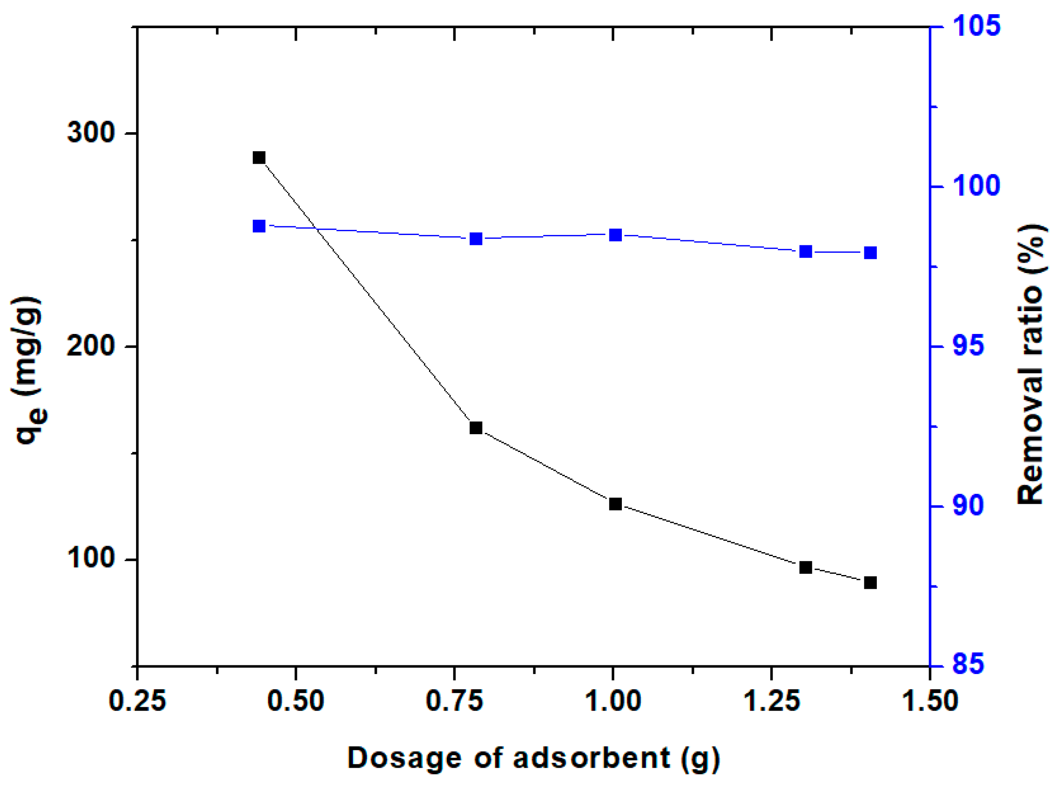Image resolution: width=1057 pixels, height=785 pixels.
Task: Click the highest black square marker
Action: pos(258,158)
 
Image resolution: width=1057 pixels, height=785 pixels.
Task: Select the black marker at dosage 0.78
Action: pos(476,428)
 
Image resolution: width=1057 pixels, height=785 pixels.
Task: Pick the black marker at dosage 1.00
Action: pos(615,504)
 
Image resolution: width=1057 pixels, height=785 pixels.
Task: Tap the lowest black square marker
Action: pos(870,582)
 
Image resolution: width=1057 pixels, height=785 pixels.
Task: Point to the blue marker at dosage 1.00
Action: pos(615,235)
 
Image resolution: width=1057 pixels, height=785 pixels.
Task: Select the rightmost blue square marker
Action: pos(870,252)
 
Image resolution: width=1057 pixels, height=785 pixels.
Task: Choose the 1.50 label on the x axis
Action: pos(929,701)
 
